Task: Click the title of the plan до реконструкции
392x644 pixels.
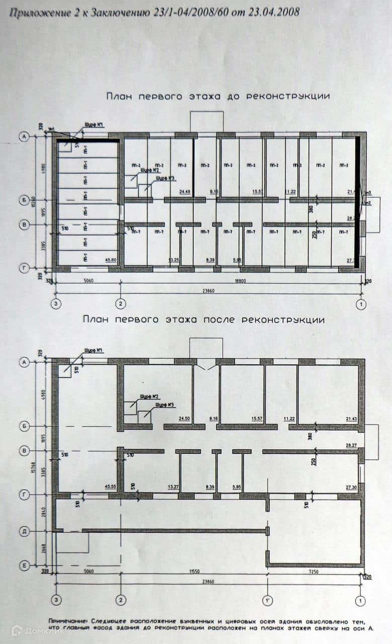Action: tap(218, 96)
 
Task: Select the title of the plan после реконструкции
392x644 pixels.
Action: tap(204, 319)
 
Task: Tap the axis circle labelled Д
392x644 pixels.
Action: tap(23, 531)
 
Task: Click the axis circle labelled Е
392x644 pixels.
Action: tap(23, 566)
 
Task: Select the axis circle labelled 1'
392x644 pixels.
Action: tap(267, 600)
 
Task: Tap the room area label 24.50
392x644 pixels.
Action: tap(186, 418)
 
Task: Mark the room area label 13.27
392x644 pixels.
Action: tap(174, 487)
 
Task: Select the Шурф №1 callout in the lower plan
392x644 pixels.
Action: tap(94, 351)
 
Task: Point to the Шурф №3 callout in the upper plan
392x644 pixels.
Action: tap(166, 178)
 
